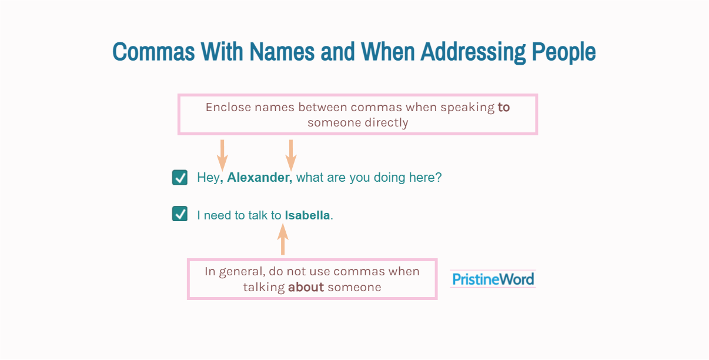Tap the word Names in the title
[283, 52]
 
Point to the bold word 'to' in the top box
[504, 108]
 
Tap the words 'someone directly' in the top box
[357, 123]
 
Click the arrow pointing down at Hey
[222, 155]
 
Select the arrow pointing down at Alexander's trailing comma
[291, 155]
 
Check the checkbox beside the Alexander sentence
[180, 178]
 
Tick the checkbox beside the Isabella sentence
[180, 215]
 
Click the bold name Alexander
[259, 178]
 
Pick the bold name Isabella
[307, 215]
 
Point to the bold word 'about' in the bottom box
[306, 287]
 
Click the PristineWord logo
[493, 279]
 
